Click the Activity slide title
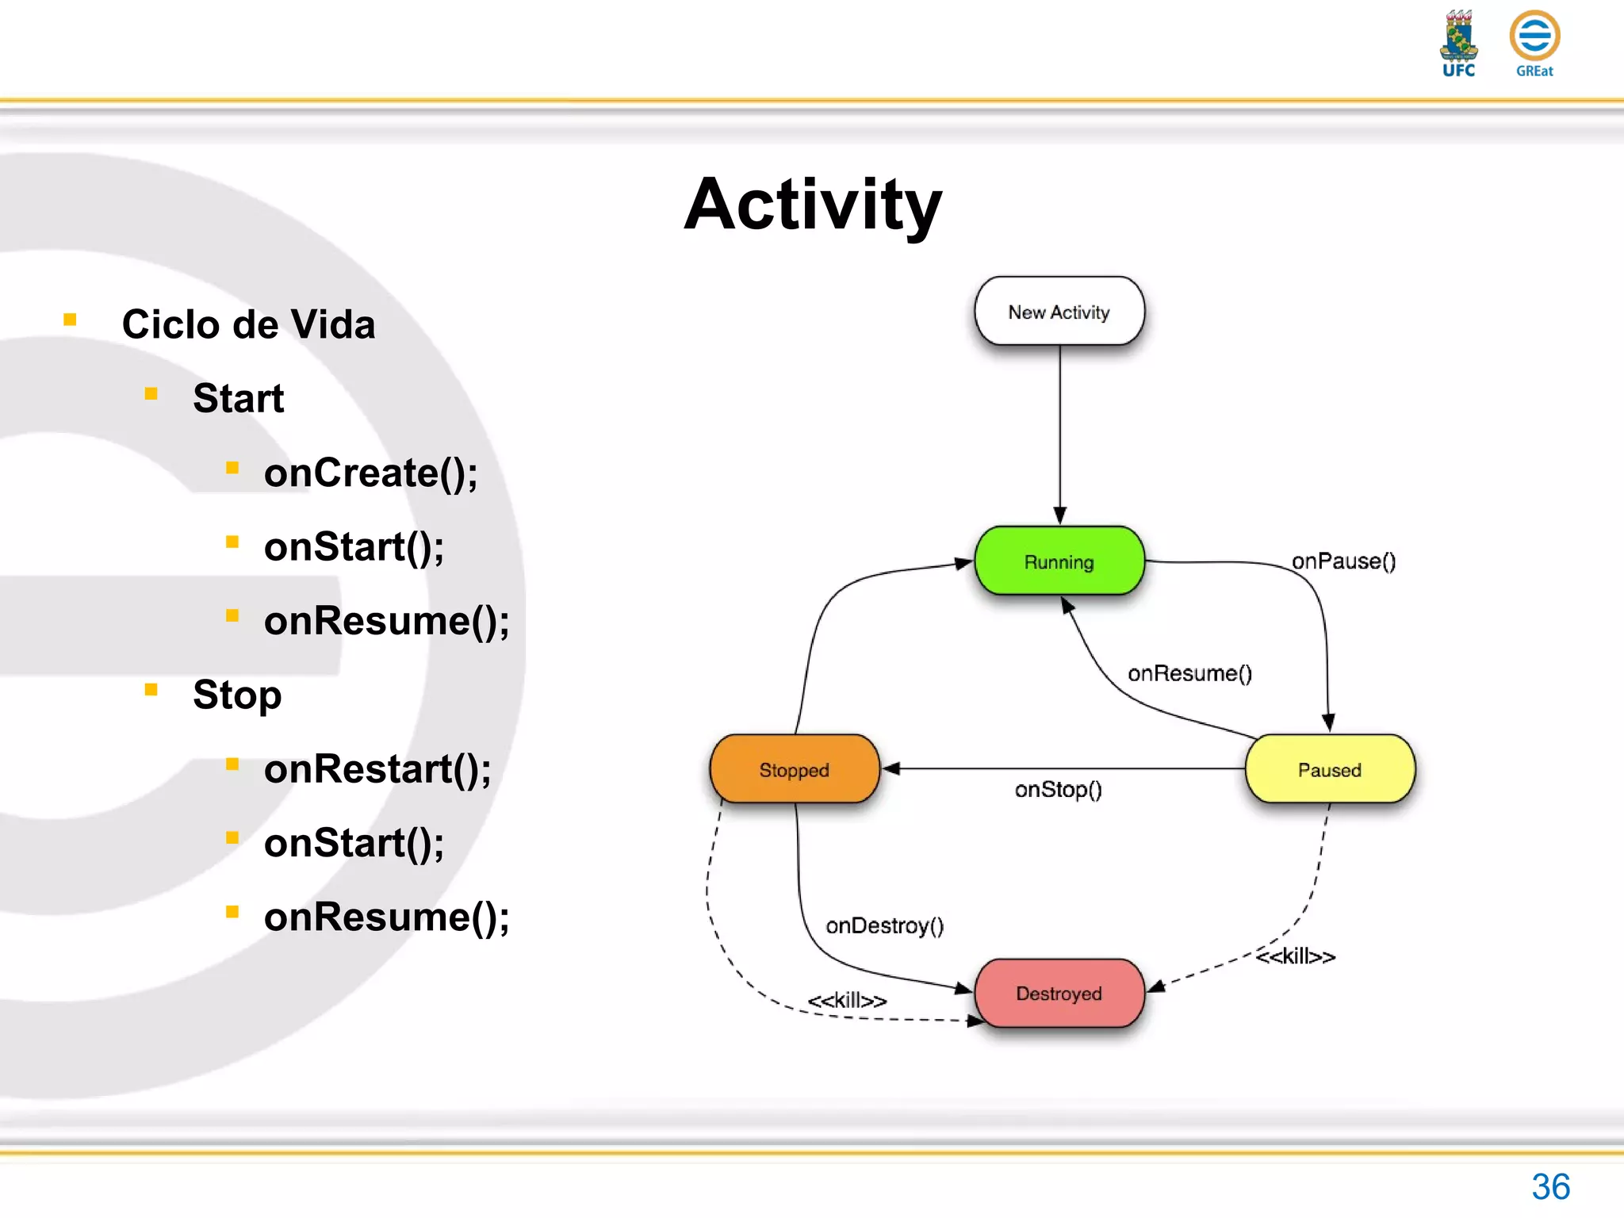[813, 205]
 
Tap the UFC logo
[1458, 44]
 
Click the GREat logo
[1534, 44]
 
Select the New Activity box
[1059, 312]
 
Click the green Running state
[1059, 561]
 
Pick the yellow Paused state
[1330, 769]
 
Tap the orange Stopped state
[795, 769]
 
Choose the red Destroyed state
[1059, 993]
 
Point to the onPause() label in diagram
[1343, 561]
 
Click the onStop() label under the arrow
[1058, 789]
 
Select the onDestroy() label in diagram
[884, 925]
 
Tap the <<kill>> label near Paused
[1295, 956]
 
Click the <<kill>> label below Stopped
[847, 1000]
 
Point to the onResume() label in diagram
[1189, 673]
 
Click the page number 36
[1550, 1187]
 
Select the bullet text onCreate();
[370, 473]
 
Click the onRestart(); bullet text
[377, 769]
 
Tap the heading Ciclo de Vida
[248, 324]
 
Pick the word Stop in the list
[237, 695]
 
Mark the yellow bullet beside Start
[151, 393]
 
